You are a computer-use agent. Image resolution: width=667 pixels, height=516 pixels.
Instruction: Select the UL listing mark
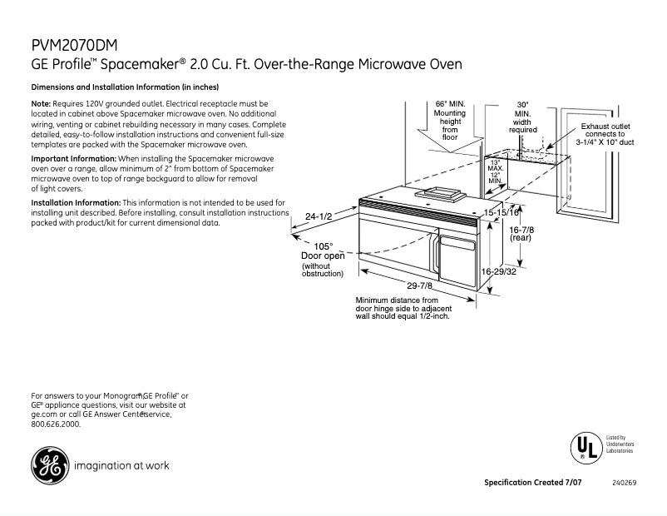click(x=584, y=448)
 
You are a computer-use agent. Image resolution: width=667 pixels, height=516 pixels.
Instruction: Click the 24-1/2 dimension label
click(x=319, y=216)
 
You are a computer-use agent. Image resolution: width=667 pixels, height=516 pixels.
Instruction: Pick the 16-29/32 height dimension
click(x=499, y=271)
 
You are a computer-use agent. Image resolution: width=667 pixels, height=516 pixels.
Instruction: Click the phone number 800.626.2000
click(x=56, y=424)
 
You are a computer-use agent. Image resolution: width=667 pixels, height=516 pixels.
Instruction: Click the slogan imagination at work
click(x=121, y=465)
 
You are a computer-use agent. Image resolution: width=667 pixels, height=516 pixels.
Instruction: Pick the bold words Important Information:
click(x=74, y=158)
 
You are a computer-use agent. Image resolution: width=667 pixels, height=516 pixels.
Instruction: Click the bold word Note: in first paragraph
click(x=42, y=103)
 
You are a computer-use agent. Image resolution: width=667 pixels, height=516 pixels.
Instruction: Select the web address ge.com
click(x=45, y=414)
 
